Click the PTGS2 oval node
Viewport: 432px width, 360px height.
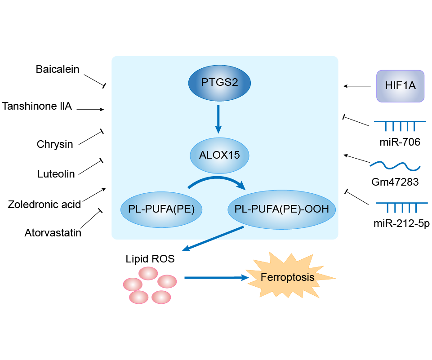point(219,83)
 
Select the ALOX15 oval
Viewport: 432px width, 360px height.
point(219,156)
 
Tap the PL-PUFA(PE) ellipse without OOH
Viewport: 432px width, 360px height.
point(161,209)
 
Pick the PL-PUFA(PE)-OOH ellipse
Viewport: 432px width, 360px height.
point(282,209)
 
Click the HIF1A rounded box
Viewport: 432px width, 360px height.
point(400,86)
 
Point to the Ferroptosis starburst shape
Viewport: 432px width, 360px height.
point(288,277)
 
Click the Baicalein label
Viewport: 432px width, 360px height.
point(58,70)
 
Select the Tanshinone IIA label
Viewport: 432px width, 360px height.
point(37,107)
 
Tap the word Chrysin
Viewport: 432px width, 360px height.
point(55,144)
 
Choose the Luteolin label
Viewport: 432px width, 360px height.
point(56,174)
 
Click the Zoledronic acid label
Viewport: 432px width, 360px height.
point(44,204)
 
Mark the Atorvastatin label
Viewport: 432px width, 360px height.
point(53,233)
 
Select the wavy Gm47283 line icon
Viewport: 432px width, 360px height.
point(395,166)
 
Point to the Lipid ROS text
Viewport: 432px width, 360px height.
point(151,259)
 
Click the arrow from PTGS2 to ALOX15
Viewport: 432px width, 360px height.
point(218,119)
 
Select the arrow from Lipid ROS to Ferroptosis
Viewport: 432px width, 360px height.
point(216,278)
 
